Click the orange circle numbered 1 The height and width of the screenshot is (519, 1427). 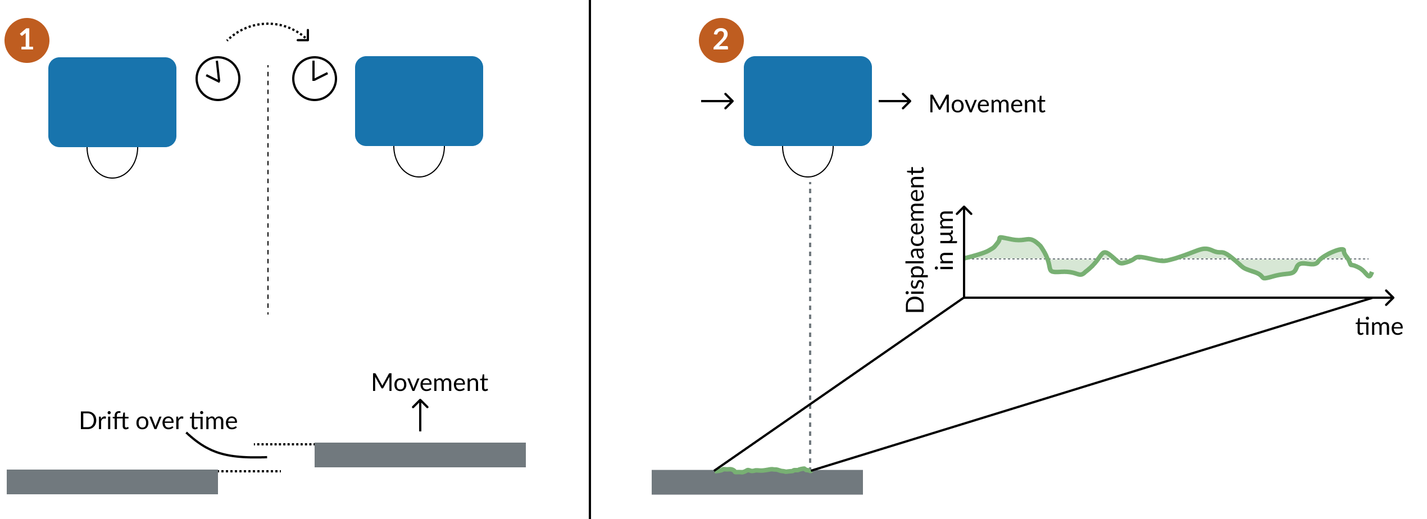(27, 40)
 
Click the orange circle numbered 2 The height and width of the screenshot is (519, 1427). (721, 40)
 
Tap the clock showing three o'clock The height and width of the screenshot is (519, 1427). (315, 79)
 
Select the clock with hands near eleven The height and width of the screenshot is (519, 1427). (218, 79)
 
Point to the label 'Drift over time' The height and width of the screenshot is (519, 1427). (158, 421)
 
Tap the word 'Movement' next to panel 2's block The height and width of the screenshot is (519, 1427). (987, 104)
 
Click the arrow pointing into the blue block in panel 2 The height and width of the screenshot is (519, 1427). (717, 101)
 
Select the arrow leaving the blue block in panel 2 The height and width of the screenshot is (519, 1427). (894, 101)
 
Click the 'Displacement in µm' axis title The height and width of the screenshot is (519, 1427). (927, 240)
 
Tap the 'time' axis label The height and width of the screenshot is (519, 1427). (1379, 326)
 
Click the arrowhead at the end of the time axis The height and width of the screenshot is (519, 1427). (1389, 298)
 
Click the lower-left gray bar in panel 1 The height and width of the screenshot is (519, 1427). (112, 482)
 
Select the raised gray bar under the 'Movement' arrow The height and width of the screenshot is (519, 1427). (420, 455)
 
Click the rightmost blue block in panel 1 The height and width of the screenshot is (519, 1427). (419, 101)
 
